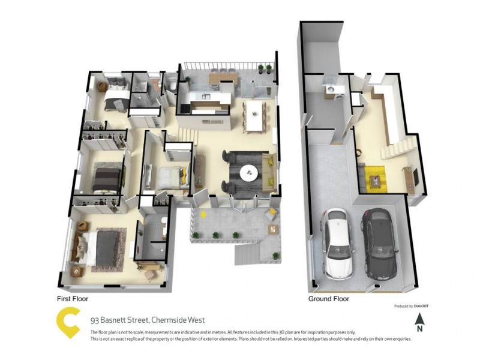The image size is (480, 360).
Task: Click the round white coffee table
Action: (x=248, y=173)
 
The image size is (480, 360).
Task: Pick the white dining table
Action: (x=254, y=115)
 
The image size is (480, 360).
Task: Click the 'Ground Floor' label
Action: (x=329, y=298)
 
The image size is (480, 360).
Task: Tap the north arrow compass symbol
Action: (x=421, y=322)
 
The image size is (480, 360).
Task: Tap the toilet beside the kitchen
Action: (x=170, y=86)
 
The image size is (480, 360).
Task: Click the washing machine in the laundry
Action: (x=329, y=91)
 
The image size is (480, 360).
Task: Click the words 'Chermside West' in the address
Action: (x=179, y=320)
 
